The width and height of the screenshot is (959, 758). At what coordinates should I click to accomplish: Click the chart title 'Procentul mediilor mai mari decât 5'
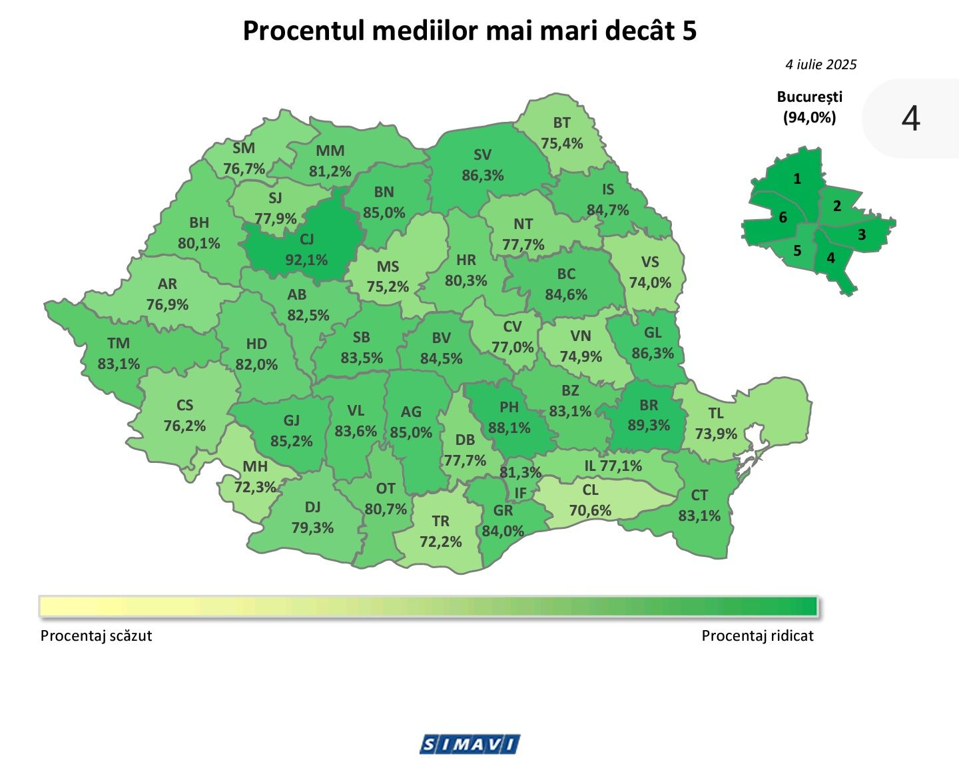coord(470,31)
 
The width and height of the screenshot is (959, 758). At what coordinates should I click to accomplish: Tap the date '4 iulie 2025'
coord(820,65)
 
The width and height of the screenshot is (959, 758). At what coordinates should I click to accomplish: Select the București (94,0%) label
coord(809,107)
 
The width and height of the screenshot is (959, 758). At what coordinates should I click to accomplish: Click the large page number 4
coord(910,119)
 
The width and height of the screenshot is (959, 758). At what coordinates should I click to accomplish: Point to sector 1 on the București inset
coord(797,179)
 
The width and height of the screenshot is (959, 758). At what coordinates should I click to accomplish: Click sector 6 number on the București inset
coord(783,217)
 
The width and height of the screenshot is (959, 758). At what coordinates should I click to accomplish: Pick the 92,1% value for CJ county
coord(306,260)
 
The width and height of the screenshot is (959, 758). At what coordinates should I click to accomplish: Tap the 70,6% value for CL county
coord(590,510)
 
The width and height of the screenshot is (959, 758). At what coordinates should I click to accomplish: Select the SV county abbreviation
coord(482,155)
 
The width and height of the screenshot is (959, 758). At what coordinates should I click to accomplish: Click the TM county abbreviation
coord(119,343)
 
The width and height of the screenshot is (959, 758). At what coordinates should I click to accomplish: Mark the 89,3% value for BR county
coord(649,425)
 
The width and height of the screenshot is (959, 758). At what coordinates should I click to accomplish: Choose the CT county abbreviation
coord(699,495)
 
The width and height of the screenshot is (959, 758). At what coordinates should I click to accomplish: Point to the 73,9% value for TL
coord(716,434)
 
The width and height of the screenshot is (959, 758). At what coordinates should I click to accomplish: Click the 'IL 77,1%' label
coord(613,466)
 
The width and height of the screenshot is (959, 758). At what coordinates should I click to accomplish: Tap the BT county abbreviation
coord(561,123)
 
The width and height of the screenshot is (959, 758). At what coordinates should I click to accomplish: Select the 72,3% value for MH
coord(255,487)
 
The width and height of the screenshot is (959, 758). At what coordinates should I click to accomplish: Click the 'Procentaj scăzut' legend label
coord(96,635)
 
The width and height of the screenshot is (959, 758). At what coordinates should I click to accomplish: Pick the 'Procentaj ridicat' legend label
coord(757,635)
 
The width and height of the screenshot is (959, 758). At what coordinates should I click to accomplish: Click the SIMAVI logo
coord(470,744)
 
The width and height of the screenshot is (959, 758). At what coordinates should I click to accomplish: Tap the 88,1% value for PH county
coord(509,428)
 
